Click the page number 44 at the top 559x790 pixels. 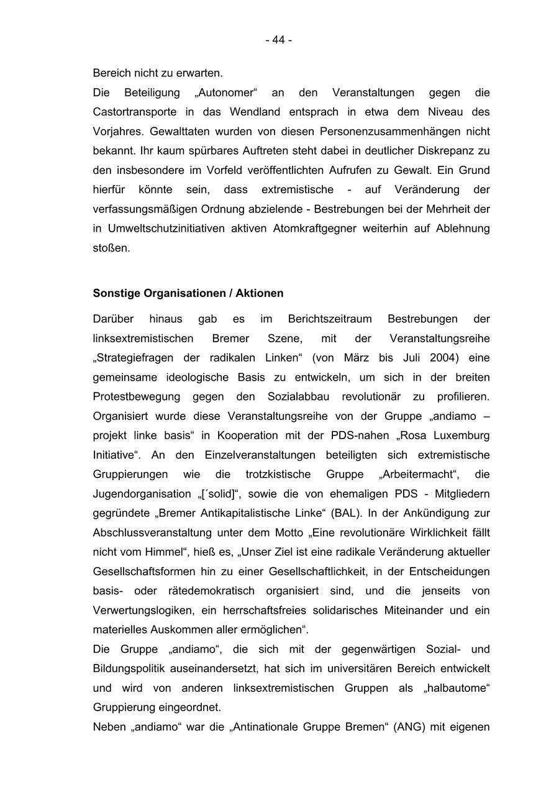point(278,40)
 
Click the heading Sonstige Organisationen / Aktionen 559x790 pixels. point(188,293)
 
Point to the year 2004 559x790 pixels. point(439,358)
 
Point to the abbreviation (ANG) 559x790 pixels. point(409,727)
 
